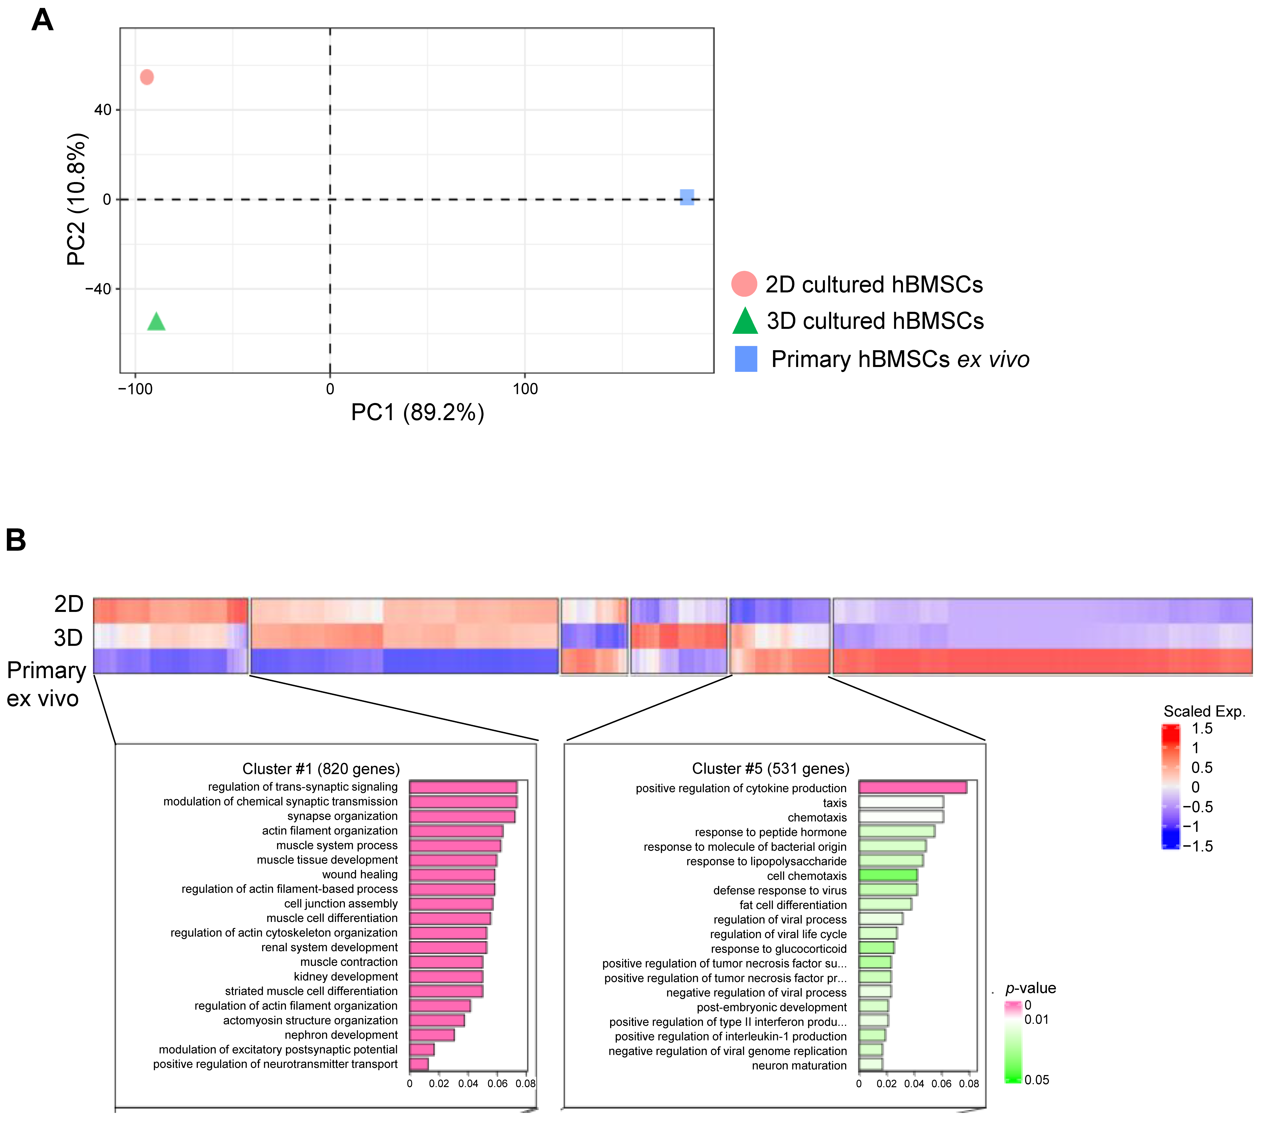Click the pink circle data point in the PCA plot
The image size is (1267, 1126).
coord(147,77)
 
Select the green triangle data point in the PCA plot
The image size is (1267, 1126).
coord(156,322)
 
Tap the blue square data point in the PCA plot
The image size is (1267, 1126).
coord(687,197)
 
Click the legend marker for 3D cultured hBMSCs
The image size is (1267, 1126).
coord(745,321)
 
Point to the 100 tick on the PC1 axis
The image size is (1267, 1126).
coord(525,389)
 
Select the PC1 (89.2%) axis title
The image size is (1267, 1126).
coord(417,412)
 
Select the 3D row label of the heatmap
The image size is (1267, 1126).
coord(68,637)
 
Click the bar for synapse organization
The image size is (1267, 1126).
coord(462,817)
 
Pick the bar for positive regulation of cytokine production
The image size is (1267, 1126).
coord(913,788)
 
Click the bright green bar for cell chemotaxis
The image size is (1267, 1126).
coord(888,875)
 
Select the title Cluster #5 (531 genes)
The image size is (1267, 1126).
coord(771,769)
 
